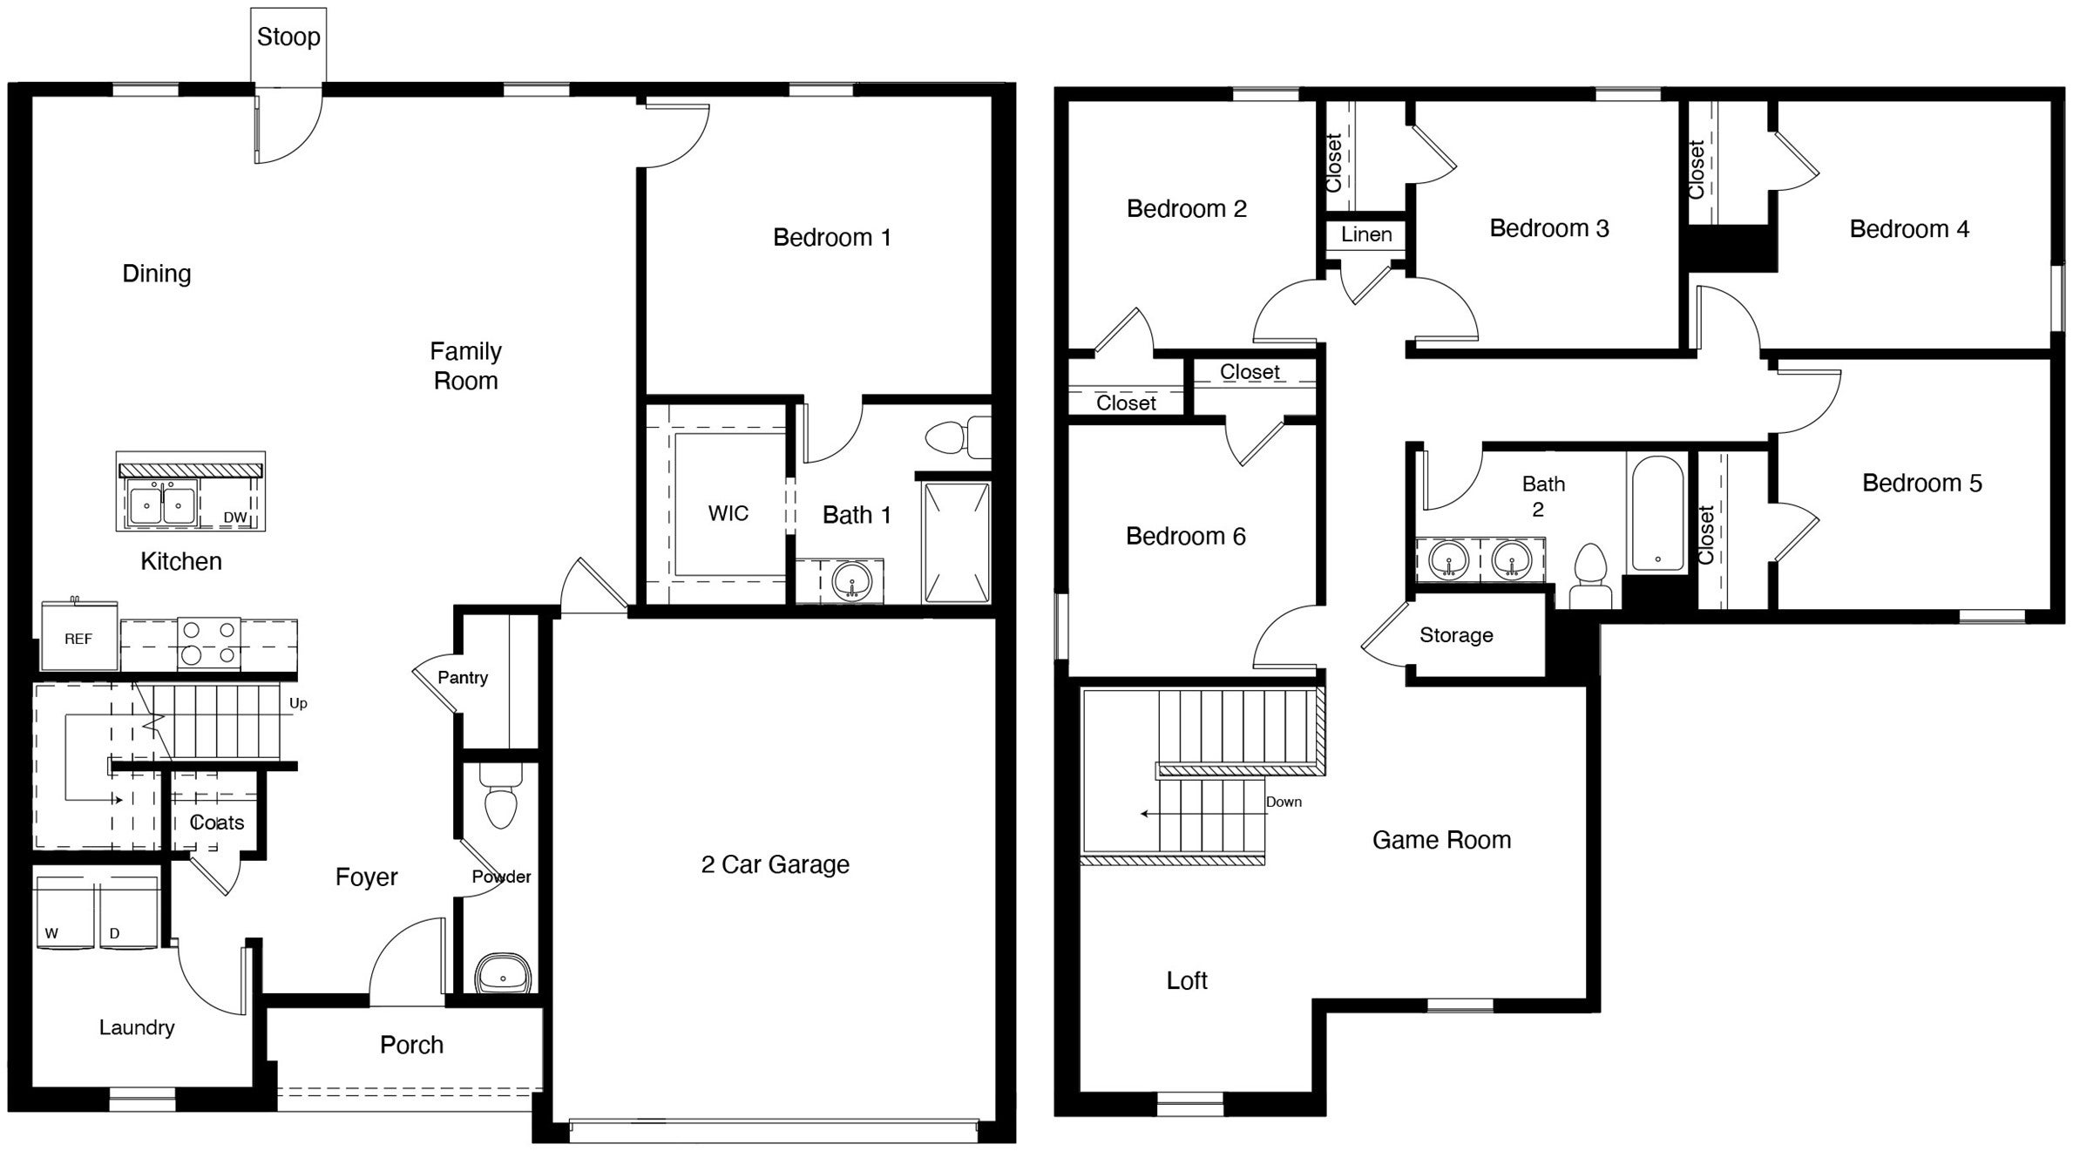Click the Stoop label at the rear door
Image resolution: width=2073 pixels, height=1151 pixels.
click(x=288, y=37)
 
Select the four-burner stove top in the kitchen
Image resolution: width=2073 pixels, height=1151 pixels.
click(x=208, y=642)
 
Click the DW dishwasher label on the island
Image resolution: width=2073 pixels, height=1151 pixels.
click(x=235, y=518)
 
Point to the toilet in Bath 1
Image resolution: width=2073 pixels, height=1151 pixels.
click(x=957, y=437)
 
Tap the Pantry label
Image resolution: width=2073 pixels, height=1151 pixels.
click(x=463, y=678)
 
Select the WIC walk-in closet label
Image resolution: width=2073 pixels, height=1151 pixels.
click(x=728, y=513)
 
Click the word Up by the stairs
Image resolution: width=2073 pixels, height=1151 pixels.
click(x=298, y=703)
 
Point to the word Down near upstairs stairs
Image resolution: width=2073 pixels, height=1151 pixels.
click(x=1284, y=802)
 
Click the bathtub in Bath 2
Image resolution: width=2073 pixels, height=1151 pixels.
click(x=1656, y=514)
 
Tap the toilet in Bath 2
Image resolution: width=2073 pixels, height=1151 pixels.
click(x=1590, y=576)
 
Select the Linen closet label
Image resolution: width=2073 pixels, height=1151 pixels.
click(x=1365, y=234)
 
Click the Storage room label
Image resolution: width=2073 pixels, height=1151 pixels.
click(x=1456, y=635)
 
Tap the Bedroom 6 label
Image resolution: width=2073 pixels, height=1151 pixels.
click(x=1185, y=536)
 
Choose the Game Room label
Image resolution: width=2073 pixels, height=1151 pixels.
click(x=1441, y=840)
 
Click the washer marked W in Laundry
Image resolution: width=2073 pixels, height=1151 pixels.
click(x=63, y=915)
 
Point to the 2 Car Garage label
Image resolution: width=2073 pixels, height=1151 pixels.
click(x=775, y=864)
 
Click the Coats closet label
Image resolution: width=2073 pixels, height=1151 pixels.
click(x=217, y=823)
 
